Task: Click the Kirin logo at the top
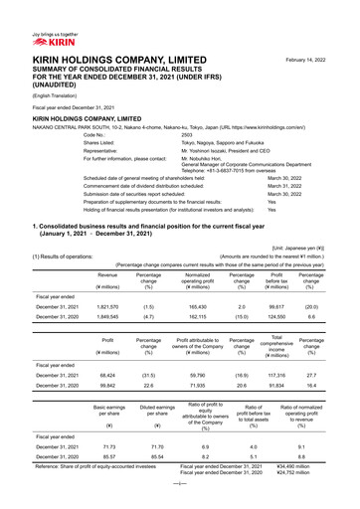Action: [32, 14]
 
